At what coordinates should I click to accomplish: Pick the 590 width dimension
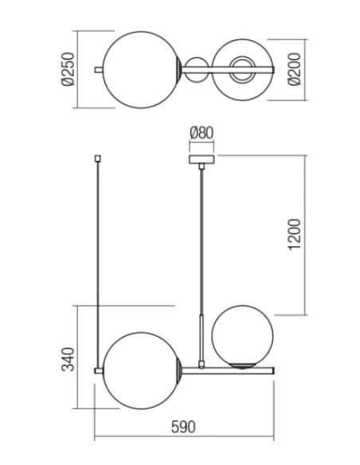[183, 428]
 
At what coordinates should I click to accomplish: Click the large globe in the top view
[140, 69]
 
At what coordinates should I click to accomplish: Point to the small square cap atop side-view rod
[96, 158]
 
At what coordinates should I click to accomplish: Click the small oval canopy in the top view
[196, 69]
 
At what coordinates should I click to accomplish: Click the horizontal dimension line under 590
[183, 439]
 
